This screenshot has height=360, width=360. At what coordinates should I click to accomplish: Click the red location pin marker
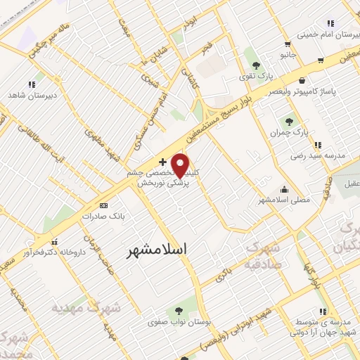181,165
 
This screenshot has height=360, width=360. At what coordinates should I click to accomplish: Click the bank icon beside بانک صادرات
105,205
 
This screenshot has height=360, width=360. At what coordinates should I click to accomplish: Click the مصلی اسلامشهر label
284,200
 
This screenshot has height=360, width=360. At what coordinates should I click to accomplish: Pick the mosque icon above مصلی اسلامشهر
284,188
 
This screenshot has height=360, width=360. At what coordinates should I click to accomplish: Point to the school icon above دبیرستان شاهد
31,84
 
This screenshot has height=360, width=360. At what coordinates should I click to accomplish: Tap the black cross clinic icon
163,162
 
